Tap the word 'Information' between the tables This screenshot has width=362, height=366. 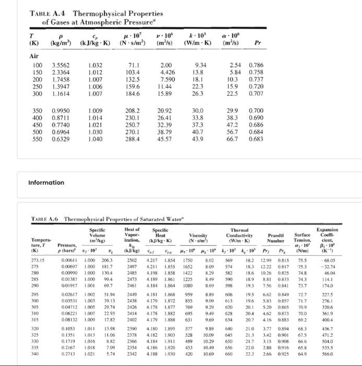pos(46,182)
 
